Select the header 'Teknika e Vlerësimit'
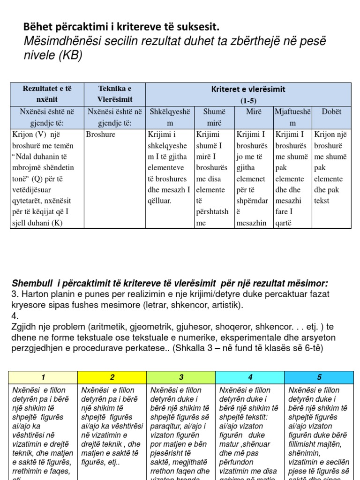click(x=115, y=94)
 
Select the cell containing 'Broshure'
click(x=101, y=135)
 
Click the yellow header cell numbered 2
click(x=112, y=377)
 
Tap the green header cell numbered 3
click(x=181, y=377)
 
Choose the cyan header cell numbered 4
click(x=250, y=377)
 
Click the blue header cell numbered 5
click(x=319, y=377)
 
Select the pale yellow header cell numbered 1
click(x=44, y=377)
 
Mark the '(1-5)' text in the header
click(x=248, y=100)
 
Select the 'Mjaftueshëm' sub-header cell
click(x=292, y=117)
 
